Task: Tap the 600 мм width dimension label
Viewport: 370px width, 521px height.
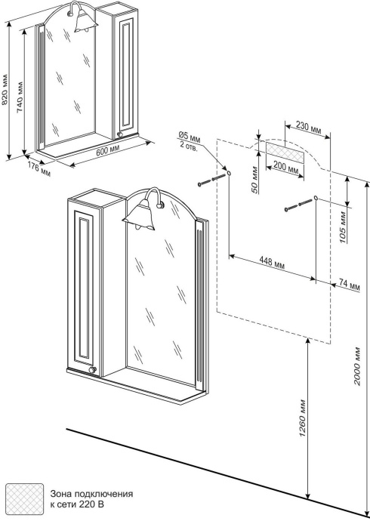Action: (x=106, y=150)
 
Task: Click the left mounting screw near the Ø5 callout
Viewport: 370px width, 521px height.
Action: (x=211, y=179)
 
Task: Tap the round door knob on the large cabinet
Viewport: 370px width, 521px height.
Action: (x=93, y=370)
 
